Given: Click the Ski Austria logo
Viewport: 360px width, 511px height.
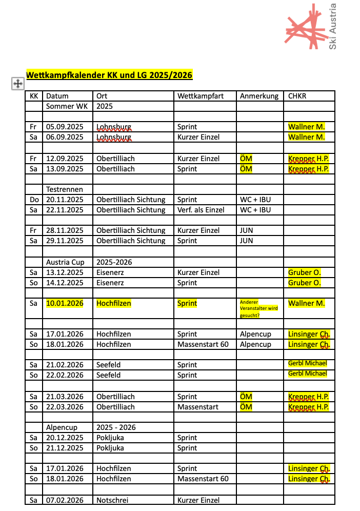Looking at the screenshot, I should click(x=311, y=27).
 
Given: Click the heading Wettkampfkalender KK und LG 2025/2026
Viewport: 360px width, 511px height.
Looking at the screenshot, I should click(x=109, y=75).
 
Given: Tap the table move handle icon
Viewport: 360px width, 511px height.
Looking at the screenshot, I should click(x=17, y=84).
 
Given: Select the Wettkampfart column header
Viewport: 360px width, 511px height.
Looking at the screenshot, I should click(x=201, y=96).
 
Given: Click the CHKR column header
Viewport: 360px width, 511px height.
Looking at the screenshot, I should click(x=297, y=96).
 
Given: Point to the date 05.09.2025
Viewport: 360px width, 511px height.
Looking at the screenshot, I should click(x=65, y=127).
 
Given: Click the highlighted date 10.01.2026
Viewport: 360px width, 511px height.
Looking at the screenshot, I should click(x=65, y=303).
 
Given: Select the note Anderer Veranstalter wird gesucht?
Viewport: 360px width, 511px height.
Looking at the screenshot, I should click(x=258, y=308).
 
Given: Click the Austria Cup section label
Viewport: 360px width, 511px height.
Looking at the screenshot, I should click(x=65, y=262).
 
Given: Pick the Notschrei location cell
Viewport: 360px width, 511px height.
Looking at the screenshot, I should click(x=112, y=500).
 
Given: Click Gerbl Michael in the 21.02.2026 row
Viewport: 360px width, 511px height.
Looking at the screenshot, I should click(x=307, y=364).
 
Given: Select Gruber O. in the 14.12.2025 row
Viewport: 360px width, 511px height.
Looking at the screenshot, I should click(x=304, y=283).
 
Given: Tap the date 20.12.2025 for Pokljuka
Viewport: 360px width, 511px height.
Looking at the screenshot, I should click(x=65, y=438).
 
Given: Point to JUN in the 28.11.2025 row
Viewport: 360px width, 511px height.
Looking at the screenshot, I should click(x=246, y=230).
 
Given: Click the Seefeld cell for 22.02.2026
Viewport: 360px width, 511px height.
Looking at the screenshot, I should click(x=108, y=375).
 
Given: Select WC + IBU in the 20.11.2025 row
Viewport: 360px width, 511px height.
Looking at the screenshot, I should click(x=255, y=200).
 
